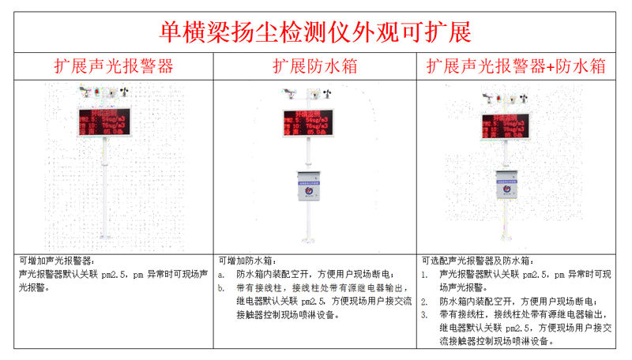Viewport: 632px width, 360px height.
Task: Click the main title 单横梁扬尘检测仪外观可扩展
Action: point(315,31)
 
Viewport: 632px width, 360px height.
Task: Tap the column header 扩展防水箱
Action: point(314,66)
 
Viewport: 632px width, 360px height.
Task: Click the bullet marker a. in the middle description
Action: point(222,275)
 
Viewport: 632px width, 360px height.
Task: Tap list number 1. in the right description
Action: point(424,275)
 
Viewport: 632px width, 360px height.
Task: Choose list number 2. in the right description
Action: point(424,302)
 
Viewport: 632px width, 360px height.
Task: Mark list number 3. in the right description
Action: point(424,314)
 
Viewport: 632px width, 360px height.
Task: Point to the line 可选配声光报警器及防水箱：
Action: point(476,261)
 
